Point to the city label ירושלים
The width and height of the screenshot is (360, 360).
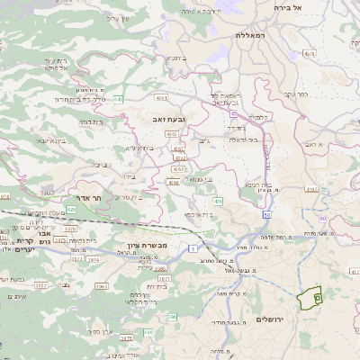pyautogui.click(x=270, y=320)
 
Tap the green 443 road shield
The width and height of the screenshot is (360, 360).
pyautogui.click(x=119, y=100)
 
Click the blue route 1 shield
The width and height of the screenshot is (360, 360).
pyautogui.click(x=192, y=247)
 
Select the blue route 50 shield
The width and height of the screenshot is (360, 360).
pyautogui.click(x=266, y=215)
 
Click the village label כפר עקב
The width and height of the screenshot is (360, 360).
pyautogui.click(x=304, y=94)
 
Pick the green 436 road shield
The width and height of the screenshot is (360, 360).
pyautogui.click(x=219, y=202)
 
